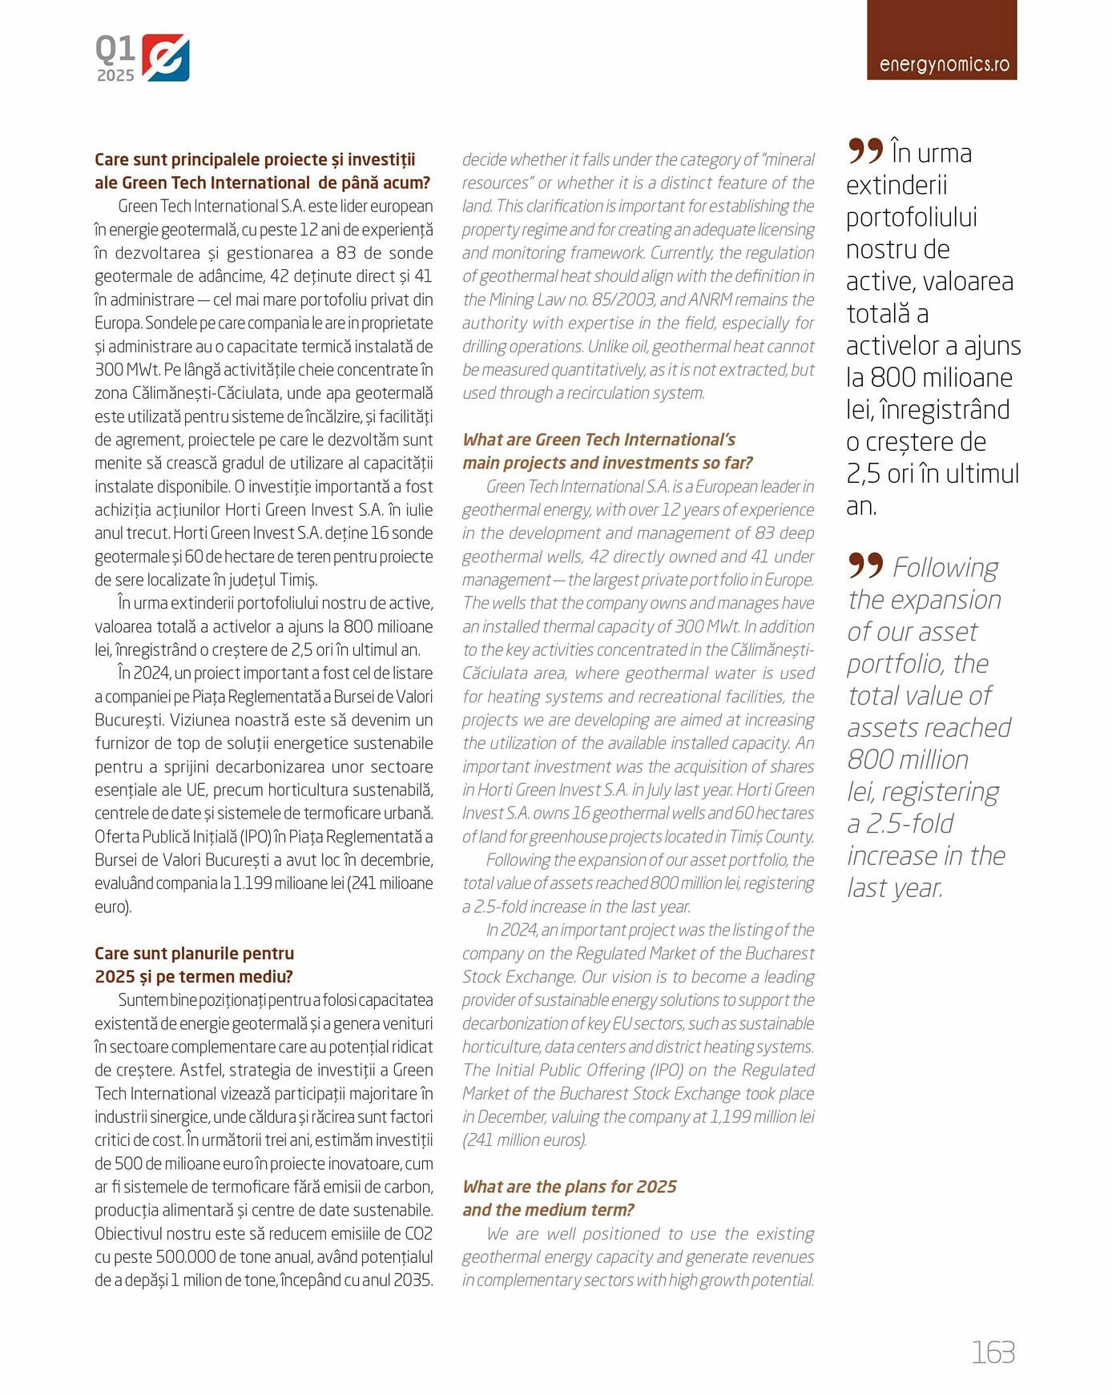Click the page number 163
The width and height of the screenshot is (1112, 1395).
click(x=993, y=1352)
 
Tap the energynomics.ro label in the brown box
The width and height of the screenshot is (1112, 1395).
click(x=944, y=65)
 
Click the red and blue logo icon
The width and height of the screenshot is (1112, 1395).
click(x=166, y=58)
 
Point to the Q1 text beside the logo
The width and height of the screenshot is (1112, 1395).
click(x=115, y=49)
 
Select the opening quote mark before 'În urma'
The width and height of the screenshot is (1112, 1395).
click(x=865, y=151)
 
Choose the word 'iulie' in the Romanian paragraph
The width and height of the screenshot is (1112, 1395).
click(x=417, y=509)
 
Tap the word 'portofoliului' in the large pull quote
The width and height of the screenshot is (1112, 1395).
click(x=912, y=218)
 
